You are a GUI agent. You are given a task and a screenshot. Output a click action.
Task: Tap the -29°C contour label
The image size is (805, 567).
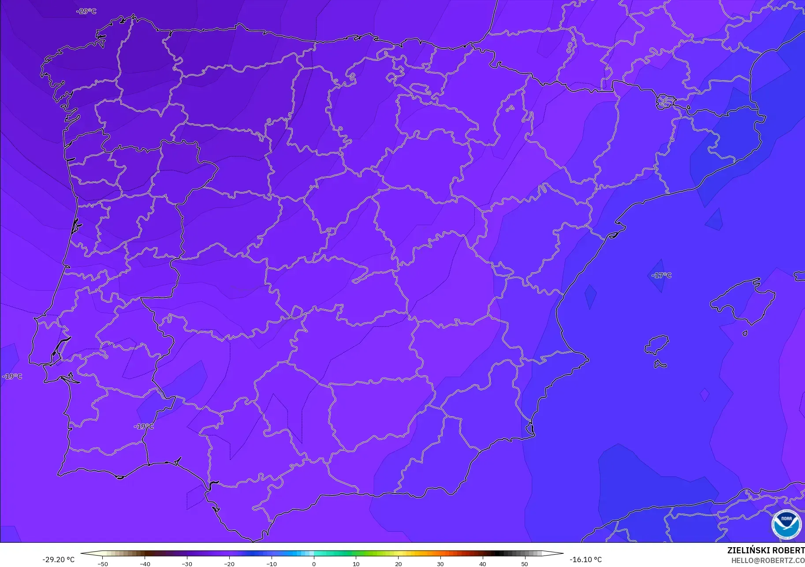[x=86, y=11]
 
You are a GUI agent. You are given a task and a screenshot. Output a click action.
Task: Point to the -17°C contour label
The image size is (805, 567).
[x=661, y=275]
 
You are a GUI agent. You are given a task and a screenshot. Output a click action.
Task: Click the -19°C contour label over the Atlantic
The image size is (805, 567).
[x=12, y=376]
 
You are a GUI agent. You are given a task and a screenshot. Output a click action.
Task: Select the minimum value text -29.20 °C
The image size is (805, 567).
[x=59, y=560]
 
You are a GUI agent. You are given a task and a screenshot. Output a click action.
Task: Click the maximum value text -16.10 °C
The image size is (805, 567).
[x=585, y=560]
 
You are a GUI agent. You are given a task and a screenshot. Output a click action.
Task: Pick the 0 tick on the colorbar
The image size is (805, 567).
[x=314, y=564]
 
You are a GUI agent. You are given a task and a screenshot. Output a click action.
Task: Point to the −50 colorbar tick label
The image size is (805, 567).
[x=102, y=564]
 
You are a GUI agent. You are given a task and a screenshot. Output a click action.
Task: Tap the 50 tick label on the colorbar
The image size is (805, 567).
[x=525, y=564]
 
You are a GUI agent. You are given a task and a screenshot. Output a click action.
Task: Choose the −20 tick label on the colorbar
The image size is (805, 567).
[x=229, y=564]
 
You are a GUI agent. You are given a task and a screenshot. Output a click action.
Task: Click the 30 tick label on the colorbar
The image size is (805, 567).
[x=440, y=564]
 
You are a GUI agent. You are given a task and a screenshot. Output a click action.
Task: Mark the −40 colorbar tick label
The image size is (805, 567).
[x=145, y=564]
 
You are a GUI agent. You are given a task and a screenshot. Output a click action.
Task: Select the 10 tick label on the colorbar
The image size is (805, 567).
[x=356, y=564]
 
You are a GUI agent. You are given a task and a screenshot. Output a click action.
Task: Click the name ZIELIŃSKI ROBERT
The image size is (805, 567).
[x=766, y=550]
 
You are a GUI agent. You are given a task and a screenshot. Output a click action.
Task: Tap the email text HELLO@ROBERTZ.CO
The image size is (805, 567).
[x=768, y=560]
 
